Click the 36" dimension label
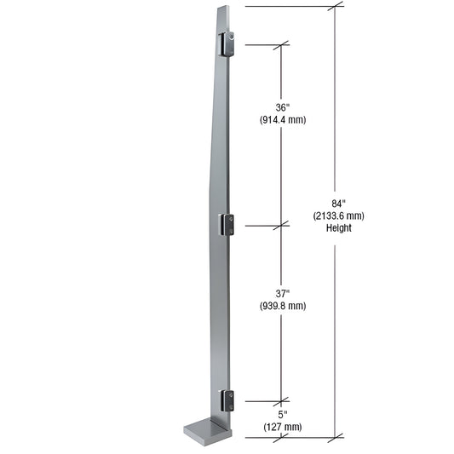point(282,107)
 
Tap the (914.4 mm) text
point(282,120)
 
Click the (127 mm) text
point(282,428)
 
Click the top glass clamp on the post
point(227,44)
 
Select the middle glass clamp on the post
point(227,225)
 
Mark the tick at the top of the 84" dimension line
point(334,7)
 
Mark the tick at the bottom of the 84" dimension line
point(334,438)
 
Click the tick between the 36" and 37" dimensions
point(282,226)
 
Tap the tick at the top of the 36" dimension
point(282,44)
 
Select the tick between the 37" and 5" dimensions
point(282,400)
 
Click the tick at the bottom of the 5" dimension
point(282,438)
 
